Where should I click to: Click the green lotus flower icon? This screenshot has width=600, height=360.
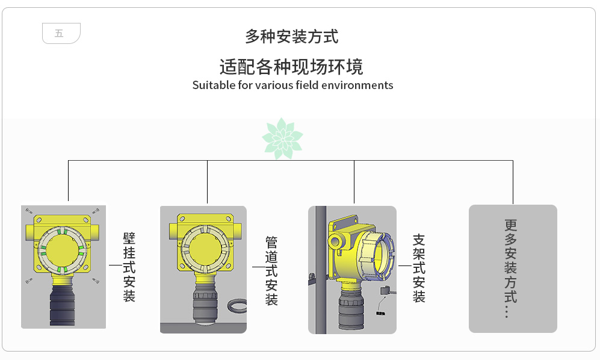pyautogui.click(x=282, y=138)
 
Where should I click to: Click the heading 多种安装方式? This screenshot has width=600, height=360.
pyautogui.click(x=291, y=37)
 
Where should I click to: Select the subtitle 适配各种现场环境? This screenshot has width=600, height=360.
pyautogui.click(x=291, y=66)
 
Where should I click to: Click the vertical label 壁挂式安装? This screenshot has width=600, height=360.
pyautogui.click(x=129, y=267)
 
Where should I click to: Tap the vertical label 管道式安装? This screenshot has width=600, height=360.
pyautogui.click(x=271, y=271)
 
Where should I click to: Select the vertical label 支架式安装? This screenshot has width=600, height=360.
pyautogui.click(x=419, y=268)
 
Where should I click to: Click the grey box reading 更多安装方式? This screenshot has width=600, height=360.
pyautogui.click(x=512, y=268)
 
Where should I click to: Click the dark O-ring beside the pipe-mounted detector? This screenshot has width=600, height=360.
pyautogui.click(x=236, y=308)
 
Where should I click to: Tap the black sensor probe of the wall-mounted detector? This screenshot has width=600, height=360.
pyautogui.click(x=62, y=305)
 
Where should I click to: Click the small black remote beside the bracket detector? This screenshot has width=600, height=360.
pyautogui.click(x=384, y=291)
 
